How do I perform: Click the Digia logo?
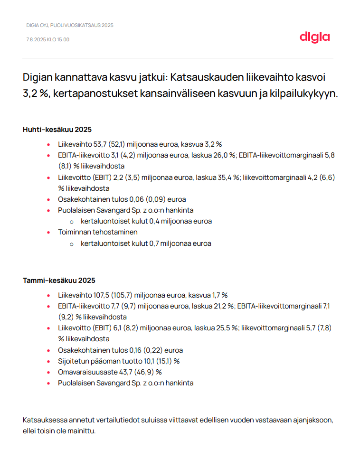[314, 37]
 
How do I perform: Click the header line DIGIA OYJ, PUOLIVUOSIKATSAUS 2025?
[70, 25]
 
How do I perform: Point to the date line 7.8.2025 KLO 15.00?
[48, 39]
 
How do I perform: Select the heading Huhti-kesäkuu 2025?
[57, 130]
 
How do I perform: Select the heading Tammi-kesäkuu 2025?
[59, 281]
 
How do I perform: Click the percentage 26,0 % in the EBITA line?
[226, 155]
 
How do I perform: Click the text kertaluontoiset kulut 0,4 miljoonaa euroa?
[146, 221]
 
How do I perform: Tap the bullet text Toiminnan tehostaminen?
[98, 232]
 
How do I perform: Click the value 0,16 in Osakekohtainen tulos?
[137, 350]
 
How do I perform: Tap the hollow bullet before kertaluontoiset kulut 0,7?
[72, 243]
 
